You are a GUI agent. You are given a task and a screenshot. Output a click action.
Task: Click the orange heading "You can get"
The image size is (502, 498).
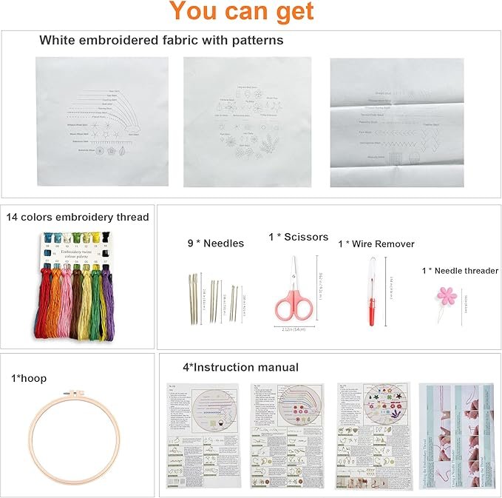click(242, 12)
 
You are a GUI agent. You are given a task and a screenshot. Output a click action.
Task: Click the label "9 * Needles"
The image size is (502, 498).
click(215, 243)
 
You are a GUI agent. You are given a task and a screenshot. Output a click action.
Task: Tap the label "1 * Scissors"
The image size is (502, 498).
click(298, 237)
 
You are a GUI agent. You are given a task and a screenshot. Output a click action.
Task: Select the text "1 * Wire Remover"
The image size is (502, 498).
click(376, 243)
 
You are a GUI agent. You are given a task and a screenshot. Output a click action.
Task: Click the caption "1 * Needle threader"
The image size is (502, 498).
click(460, 271)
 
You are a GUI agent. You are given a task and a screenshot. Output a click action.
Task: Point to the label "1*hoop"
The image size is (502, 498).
click(29, 378)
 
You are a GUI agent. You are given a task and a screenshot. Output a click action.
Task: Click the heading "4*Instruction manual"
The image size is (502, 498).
click(240, 367)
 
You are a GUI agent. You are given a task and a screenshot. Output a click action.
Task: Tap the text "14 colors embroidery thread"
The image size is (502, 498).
click(78, 217)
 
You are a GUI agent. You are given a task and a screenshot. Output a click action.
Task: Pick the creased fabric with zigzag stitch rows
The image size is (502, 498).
click(396, 123)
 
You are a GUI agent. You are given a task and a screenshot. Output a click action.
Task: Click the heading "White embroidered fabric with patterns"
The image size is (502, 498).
click(161, 40)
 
